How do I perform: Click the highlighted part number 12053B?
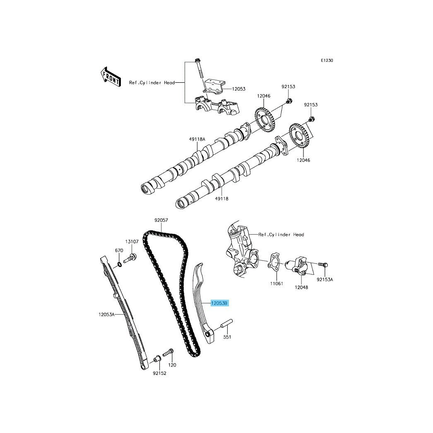[220, 303]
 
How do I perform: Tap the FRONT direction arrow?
[111, 77]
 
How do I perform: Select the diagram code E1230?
[327, 60]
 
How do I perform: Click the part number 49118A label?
[197, 139]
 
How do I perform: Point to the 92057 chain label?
[161, 220]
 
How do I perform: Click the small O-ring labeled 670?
[120, 265]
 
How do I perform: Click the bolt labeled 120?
[168, 352]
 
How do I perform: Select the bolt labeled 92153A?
[322, 265]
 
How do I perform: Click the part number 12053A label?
[106, 314]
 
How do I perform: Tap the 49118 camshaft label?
[222, 198]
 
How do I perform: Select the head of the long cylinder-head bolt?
[197, 60]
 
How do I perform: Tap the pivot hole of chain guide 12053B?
[208, 337]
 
